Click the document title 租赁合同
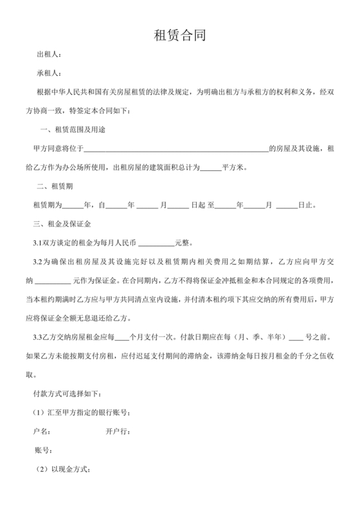pos(179,34)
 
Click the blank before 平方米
pos(210,168)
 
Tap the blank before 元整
pos(156,245)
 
